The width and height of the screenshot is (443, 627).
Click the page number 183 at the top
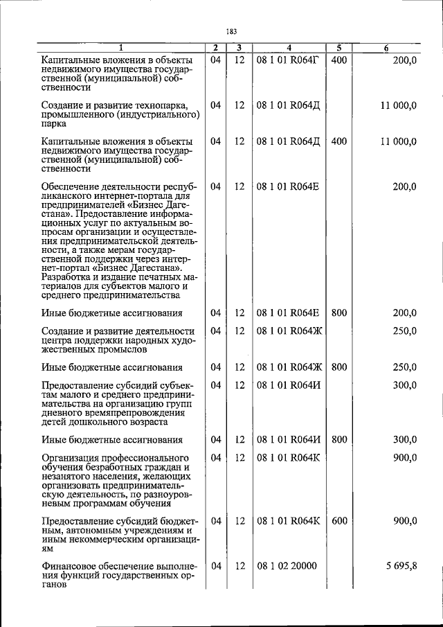point(231,31)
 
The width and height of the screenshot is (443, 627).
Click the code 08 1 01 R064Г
point(288,60)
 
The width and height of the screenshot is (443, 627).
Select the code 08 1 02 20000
point(287,565)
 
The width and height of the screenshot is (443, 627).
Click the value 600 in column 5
point(339,520)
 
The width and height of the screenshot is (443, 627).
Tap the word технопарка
point(156,105)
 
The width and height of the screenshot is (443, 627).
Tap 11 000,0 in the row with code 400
point(398,141)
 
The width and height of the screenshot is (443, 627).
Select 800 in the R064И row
point(339,439)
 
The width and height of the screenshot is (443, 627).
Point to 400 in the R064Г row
point(339,60)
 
